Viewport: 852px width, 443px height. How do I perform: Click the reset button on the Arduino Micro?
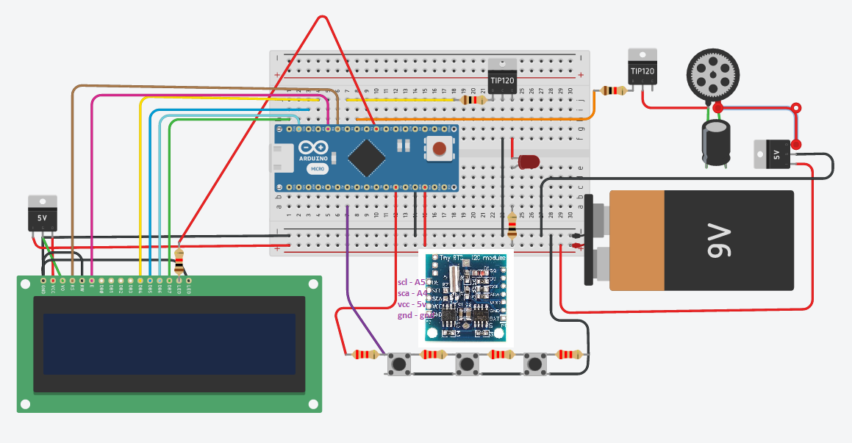click(439, 149)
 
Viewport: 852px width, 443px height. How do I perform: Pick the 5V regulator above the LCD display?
click(42, 214)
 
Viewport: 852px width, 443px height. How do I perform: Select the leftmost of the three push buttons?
click(400, 363)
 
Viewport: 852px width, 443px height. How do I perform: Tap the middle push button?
click(466, 363)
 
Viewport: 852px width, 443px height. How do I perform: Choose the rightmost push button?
click(534, 363)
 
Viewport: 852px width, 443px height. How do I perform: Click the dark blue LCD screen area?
click(169, 343)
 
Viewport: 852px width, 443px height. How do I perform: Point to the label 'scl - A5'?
click(411, 282)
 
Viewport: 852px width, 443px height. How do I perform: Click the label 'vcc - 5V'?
click(411, 303)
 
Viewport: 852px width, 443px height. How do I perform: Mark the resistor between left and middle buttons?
click(432, 355)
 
